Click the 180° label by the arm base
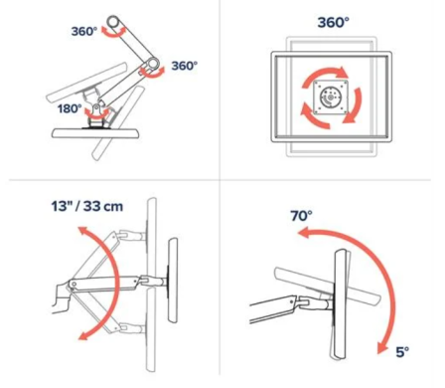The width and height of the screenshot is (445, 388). coord(70,108)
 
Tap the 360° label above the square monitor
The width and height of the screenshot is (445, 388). coord(333,23)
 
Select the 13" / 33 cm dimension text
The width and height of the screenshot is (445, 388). coord(87,206)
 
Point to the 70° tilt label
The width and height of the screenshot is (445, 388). coord(301,216)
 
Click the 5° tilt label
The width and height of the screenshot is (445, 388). coord(402,352)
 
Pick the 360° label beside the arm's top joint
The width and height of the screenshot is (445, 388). coord(84,32)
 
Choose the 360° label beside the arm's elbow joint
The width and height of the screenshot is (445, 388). coord(184,66)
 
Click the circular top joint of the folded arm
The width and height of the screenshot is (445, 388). coord(113,22)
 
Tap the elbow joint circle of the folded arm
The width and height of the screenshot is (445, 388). coord(153,63)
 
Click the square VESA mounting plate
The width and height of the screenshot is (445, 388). coord(331,97)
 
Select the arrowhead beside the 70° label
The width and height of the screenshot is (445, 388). coord(305,232)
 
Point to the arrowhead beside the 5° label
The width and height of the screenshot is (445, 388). coord(383,347)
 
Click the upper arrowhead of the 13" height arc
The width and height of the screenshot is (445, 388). coord(83,232)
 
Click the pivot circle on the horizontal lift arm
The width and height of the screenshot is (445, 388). coord(74,284)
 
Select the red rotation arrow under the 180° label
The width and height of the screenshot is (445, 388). coord(97,115)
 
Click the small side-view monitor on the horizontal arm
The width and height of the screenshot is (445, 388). coord(173,281)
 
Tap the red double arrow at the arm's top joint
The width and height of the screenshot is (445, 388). coord(113,33)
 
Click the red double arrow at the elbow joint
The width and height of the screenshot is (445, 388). coord(152,73)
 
